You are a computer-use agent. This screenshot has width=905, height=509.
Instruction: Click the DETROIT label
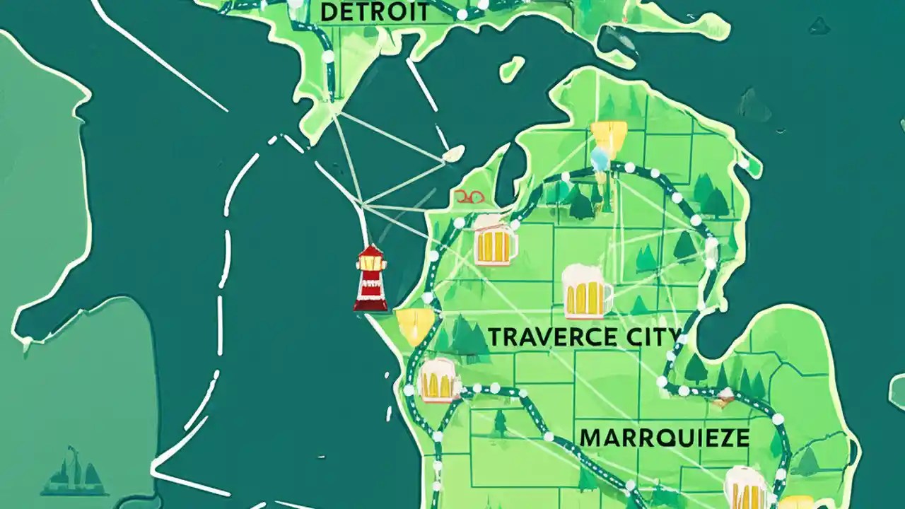(x=374, y=11)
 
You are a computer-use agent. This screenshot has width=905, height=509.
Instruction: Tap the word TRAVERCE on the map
(x=544, y=337)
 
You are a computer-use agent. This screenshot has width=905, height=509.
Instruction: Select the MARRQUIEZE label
(x=664, y=437)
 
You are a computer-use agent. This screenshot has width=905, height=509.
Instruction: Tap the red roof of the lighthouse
(x=370, y=253)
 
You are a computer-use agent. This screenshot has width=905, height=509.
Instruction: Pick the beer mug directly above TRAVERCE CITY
(x=586, y=291)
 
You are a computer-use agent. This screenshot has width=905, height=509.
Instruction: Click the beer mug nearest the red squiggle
(x=494, y=240)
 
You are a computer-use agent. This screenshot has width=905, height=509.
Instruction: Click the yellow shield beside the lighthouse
(x=415, y=325)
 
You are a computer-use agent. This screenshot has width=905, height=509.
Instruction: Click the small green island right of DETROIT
(x=512, y=68)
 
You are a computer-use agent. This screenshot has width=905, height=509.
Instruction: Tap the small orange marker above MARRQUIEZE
(x=723, y=401)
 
